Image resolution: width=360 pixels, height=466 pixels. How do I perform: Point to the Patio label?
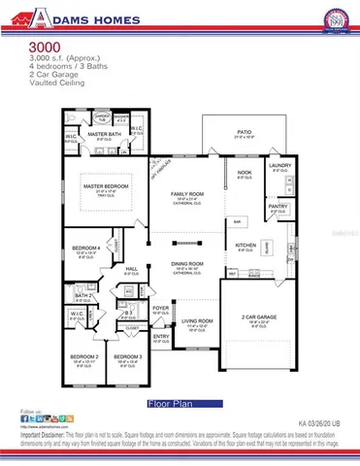pyautogui.click(x=244, y=130)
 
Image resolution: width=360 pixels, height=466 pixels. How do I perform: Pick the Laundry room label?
pyautogui.click(x=280, y=165)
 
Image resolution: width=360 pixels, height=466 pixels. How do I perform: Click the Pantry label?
pyautogui.click(x=278, y=205)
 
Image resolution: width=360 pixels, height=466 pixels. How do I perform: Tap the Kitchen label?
pyautogui.click(x=245, y=246)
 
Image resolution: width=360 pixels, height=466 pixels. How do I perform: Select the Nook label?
pyautogui.click(x=244, y=173)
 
